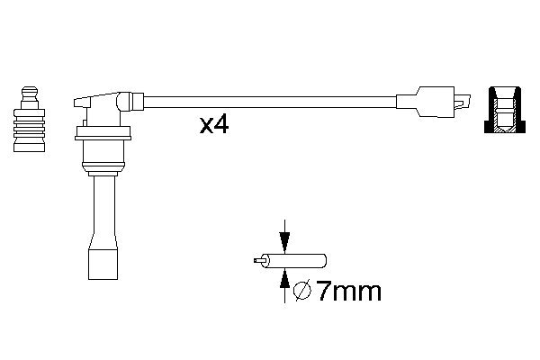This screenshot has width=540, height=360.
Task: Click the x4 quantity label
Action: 214,125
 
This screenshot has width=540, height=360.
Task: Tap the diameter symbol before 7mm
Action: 303,292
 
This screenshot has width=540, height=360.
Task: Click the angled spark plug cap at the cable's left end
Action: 107,105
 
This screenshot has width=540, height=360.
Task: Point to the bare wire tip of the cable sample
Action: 258,261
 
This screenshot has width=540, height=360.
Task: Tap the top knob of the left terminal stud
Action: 30,93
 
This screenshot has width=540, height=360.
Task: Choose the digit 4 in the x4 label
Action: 221,125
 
